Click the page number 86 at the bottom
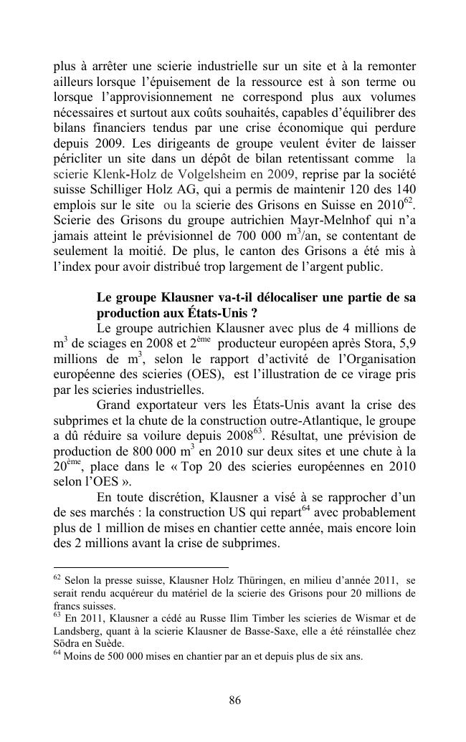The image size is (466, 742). pos(234,700)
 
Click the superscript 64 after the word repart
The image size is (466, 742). pos(305,509)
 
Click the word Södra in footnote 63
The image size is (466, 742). pos(68,642)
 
